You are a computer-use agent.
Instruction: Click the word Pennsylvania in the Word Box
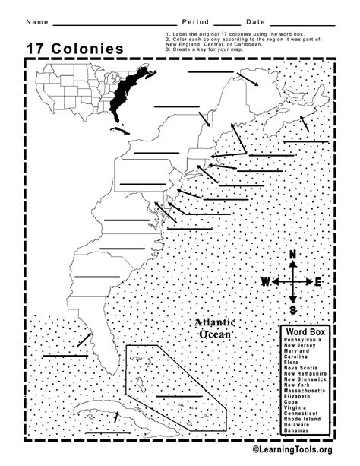click(x=302, y=339)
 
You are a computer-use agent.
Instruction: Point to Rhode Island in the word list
click(x=302, y=418)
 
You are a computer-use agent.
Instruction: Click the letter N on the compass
click(x=292, y=255)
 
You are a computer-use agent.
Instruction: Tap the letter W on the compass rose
click(x=266, y=282)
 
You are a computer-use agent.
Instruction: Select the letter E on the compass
click(x=318, y=282)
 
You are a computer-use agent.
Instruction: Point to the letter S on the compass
click(x=292, y=309)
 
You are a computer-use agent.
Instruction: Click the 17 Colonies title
click(x=75, y=49)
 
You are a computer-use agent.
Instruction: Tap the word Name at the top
click(x=38, y=21)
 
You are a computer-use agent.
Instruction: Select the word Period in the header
click(x=196, y=21)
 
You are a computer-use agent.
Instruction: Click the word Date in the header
click(x=256, y=21)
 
